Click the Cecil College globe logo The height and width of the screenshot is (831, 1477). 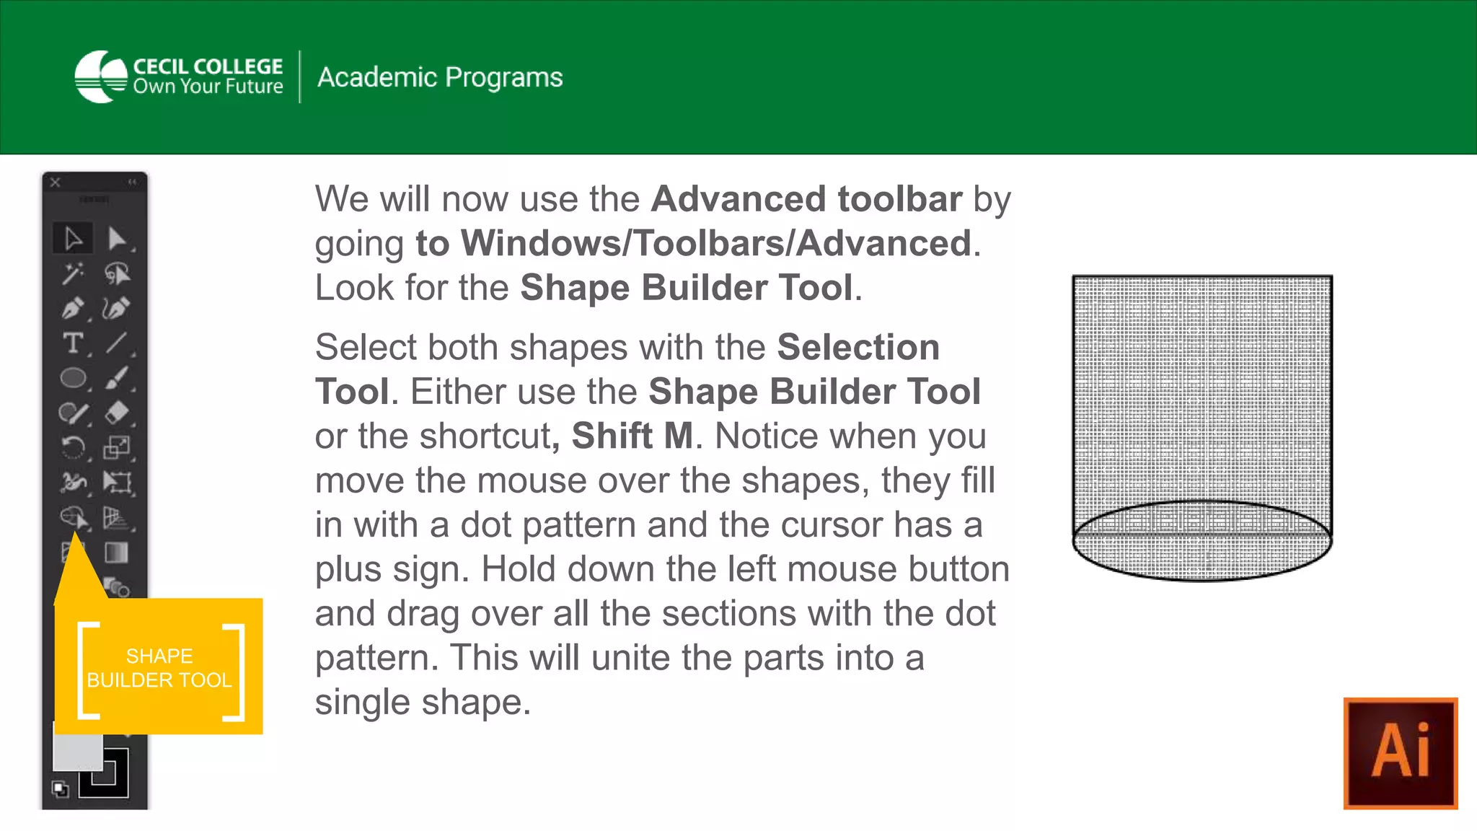101,76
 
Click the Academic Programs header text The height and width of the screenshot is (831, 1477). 440,77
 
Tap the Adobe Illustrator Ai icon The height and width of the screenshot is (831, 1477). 1400,752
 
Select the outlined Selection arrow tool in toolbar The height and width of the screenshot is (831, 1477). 73,238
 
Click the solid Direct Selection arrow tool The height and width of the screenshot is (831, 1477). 116,238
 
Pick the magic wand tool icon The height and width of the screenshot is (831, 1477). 73,273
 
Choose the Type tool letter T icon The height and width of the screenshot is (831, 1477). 72,343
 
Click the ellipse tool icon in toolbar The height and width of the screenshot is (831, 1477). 73,377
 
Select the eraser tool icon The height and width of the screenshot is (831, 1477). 116,413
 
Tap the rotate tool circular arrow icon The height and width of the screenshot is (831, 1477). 73,447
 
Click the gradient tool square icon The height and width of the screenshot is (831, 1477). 116,553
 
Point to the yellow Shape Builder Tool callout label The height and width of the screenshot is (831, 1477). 159,667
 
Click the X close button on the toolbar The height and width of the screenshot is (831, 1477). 56,183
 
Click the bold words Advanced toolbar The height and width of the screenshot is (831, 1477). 806,199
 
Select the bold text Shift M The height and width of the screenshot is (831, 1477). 632,436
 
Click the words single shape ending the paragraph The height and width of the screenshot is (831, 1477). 422,702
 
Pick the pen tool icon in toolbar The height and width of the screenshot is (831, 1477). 73,309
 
